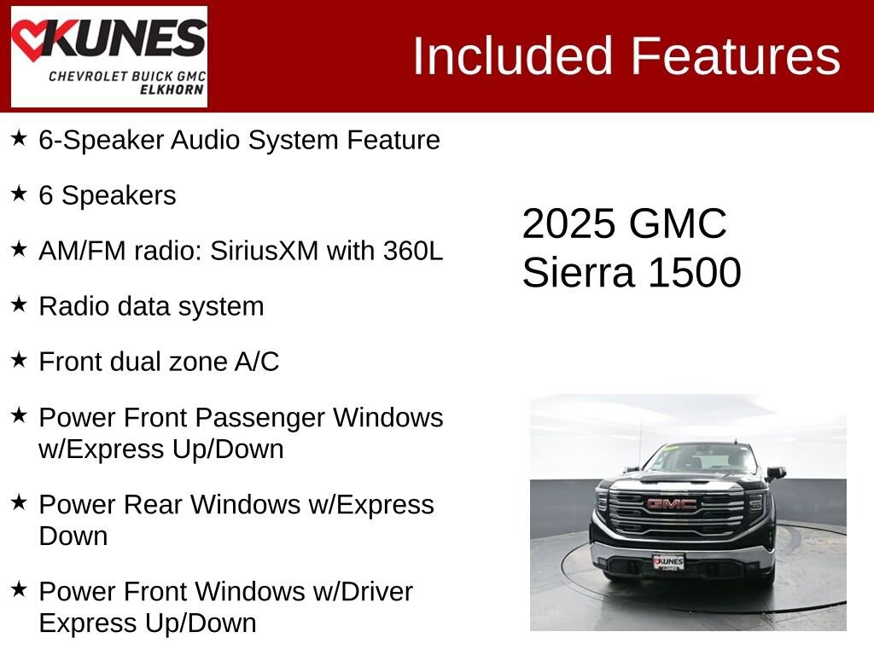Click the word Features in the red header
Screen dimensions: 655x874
[736, 56]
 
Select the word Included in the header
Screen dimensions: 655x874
[513, 56]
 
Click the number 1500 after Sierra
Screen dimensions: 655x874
[694, 273]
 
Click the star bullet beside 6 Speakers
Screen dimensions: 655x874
[19, 194]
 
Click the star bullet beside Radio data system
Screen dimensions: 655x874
[19, 304]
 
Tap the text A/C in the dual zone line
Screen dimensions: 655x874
[257, 362]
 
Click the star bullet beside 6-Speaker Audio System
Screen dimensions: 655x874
[19, 138]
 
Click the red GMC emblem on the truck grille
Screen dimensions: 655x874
[671, 504]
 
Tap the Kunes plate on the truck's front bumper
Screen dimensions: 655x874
[668, 561]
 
